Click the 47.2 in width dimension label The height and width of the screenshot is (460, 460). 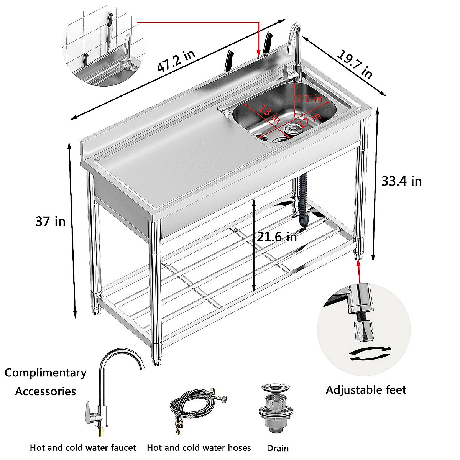pyautogui.click(x=176, y=61)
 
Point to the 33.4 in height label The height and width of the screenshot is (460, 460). pyautogui.click(x=401, y=181)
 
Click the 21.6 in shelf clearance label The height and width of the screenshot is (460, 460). pyautogui.click(x=277, y=237)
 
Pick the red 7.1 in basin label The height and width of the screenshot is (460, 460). pyautogui.click(x=309, y=99)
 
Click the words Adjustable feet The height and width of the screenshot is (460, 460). pyautogui.click(x=366, y=390)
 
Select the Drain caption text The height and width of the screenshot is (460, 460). pyautogui.click(x=278, y=448)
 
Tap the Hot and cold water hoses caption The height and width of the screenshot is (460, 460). pyautogui.click(x=199, y=447)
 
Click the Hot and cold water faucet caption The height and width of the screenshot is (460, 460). pyautogui.click(x=83, y=447)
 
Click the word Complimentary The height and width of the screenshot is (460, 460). pyautogui.click(x=46, y=373)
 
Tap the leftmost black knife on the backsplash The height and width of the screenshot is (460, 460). pyautogui.click(x=228, y=61)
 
